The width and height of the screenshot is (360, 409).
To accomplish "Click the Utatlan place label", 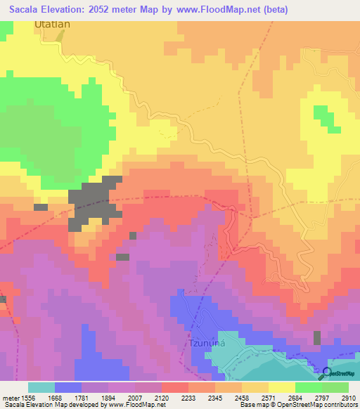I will [x=53, y=25].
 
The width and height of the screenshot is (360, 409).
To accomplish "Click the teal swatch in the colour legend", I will [x=41, y=387].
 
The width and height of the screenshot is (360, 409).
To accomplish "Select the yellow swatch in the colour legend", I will [x=281, y=387].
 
